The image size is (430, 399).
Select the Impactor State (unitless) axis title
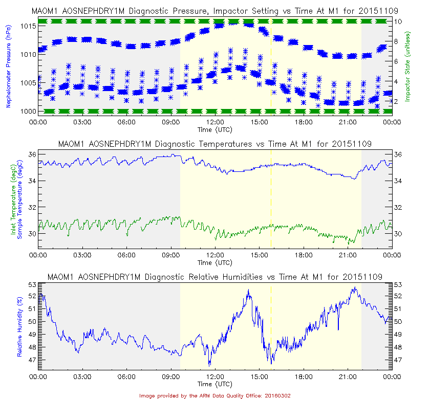[409, 64]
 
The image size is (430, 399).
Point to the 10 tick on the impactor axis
[397, 21]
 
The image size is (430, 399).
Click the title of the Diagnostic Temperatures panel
[214, 144]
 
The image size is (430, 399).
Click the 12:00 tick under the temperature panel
[215, 254]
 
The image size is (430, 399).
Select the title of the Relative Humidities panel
[214, 277]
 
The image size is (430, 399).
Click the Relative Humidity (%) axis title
[19, 326]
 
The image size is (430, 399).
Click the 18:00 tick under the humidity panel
[304, 377]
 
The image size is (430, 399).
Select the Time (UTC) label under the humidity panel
[214, 384]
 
